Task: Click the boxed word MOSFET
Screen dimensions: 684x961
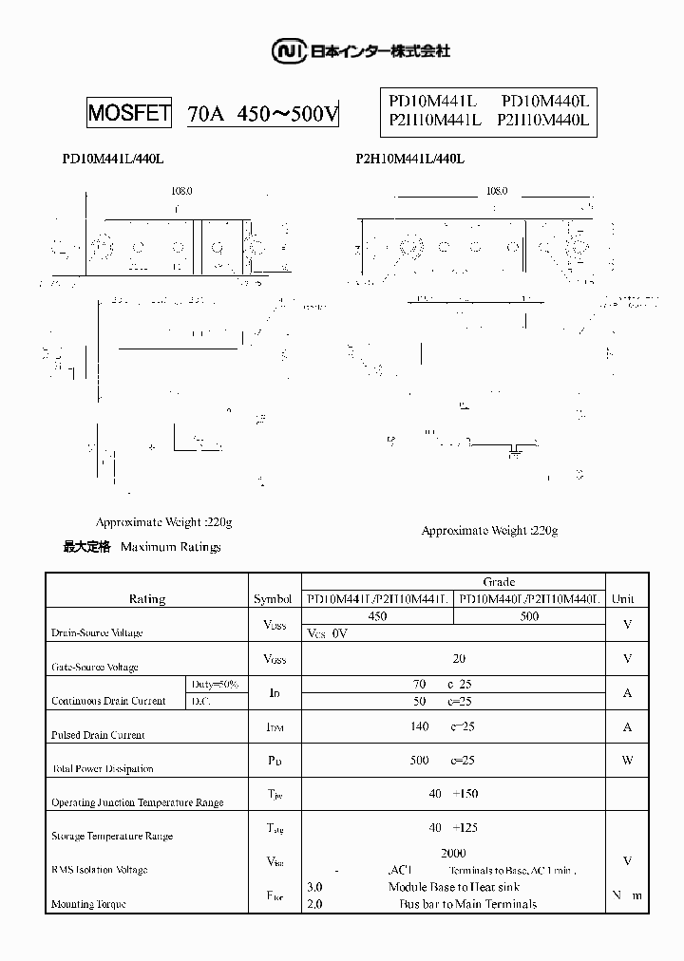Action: [x=129, y=114]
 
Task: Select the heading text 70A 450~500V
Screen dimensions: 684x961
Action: [x=262, y=115]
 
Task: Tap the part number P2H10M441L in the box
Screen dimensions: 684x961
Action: [x=436, y=120]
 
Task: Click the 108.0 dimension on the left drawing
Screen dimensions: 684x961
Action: [x=181, y=191]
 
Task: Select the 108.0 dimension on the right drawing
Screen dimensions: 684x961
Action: [x=497, y=191]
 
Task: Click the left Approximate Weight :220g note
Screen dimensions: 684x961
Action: [x=164, y=522]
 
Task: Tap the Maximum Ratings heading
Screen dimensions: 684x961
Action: [x=171, y=547]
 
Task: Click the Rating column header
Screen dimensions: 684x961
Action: [x=146, y=599]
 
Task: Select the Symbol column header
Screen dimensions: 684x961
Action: [x=274, y=599]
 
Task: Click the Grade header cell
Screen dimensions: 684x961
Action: [x=499, y=582]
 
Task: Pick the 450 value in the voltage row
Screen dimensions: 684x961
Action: [x=377, y=616]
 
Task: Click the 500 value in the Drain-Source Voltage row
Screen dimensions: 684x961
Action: [x=529, y=616]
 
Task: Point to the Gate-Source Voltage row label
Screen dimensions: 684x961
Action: [x=95, y=667]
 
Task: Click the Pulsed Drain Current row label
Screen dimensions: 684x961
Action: [x=98, y=735]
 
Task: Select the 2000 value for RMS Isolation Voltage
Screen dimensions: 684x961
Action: [x=453, y=854]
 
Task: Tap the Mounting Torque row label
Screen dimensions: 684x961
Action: [x=88, y=904]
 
